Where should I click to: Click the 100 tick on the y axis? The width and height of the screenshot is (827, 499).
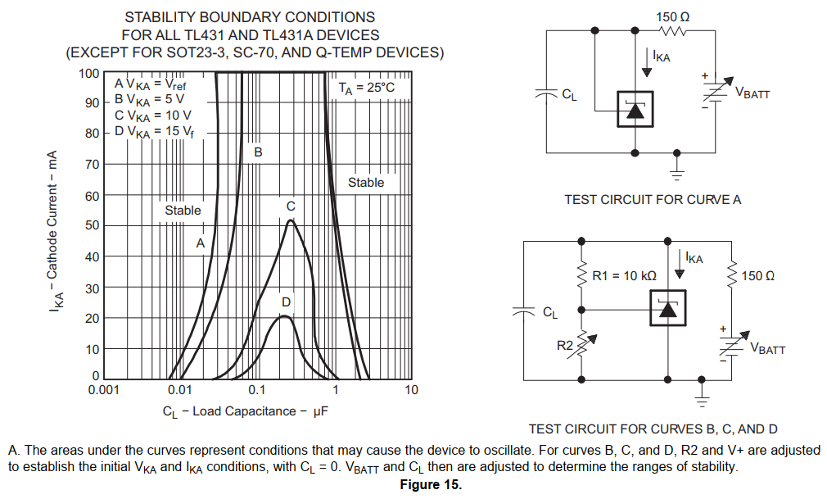[89, 73]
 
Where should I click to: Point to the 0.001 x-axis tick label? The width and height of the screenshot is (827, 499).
[104, 390]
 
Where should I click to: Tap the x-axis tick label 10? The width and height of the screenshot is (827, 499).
[411, 390]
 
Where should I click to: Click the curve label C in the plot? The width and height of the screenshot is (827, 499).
[291, 206]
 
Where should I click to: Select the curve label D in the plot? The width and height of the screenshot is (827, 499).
[286, 302]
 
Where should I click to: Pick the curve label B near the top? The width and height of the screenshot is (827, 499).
[257, 152]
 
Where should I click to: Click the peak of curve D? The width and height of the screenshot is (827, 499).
[284, 316]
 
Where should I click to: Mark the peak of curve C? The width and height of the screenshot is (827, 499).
[291, 220]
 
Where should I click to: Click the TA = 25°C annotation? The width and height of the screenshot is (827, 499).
[367, 87]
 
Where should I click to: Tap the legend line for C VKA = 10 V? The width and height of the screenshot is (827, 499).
[154, 115]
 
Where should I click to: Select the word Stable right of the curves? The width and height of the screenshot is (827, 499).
[365, 183]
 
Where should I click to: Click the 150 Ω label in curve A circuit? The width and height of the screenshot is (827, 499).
[673, 16]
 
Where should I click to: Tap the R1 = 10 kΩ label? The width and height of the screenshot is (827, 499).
[624, 276]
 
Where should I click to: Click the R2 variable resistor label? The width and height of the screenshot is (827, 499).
[565, 346]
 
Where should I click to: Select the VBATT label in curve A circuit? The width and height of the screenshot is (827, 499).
[752, 93]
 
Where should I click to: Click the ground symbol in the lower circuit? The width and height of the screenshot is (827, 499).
[702, 399]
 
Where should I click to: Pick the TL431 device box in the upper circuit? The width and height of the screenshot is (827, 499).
[635, 109]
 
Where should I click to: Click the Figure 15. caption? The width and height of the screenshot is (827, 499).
[431, 485]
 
